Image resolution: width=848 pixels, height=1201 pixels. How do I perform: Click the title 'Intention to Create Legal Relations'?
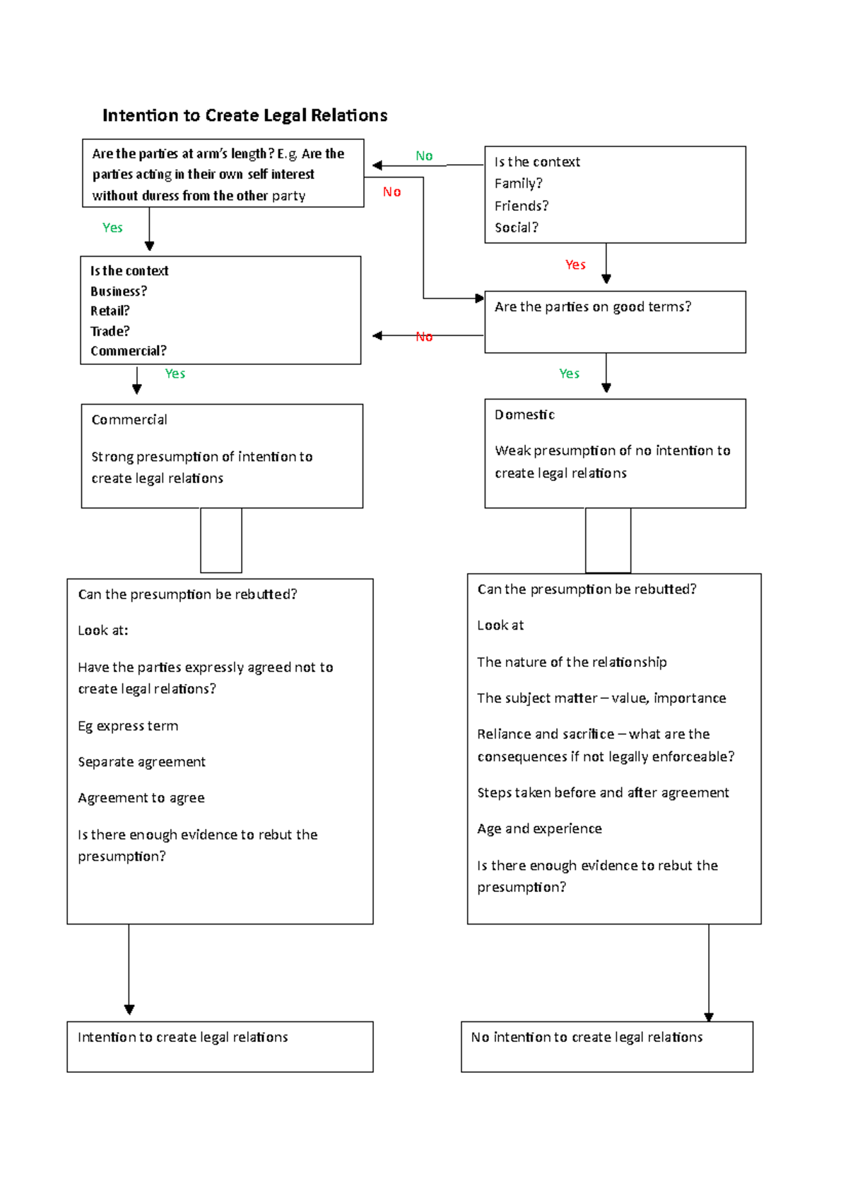[x=245, y=115]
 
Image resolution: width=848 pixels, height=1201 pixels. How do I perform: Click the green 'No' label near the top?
[x=424, y=156]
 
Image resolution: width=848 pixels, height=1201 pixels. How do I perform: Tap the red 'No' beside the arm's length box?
[x=391, y=192]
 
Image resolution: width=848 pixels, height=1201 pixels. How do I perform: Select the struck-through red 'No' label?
[x=424, y=337]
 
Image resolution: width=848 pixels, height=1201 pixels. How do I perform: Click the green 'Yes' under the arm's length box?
[x=112, y=228]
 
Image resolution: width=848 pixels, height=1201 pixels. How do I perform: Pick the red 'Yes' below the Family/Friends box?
[x=575, y=265]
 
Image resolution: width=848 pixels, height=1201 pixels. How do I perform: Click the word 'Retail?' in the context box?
[x=110, y=311]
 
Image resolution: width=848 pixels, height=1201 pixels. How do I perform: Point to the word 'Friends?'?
[x=522, y=206]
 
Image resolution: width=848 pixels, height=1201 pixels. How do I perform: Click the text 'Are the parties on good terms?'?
[x=592, y=307]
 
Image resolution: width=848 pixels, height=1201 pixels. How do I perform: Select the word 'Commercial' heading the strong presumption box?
[x=129, y=419]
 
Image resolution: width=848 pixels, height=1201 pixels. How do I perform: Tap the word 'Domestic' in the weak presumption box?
[x=524, y=414]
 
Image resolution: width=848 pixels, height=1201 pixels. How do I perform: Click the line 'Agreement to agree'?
[x=141, y=798]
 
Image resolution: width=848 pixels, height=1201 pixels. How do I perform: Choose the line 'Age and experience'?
[x=539, y=828]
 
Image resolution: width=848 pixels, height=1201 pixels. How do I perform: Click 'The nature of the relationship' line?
[x=572, y=662]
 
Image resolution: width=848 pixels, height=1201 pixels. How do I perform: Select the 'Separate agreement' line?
[x=141, y=762]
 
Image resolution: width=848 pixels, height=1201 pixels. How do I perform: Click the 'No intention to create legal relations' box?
[x=606, y=1046]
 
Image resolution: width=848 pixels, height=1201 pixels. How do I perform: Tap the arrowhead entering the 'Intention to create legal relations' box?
[x=129, y=1010]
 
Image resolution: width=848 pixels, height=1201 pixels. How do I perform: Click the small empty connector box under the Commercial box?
[x=221, y=540]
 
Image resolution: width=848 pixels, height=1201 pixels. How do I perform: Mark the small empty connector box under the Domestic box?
[x=608, y=540]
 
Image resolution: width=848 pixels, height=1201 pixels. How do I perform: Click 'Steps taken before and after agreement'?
[x=603, y=793]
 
